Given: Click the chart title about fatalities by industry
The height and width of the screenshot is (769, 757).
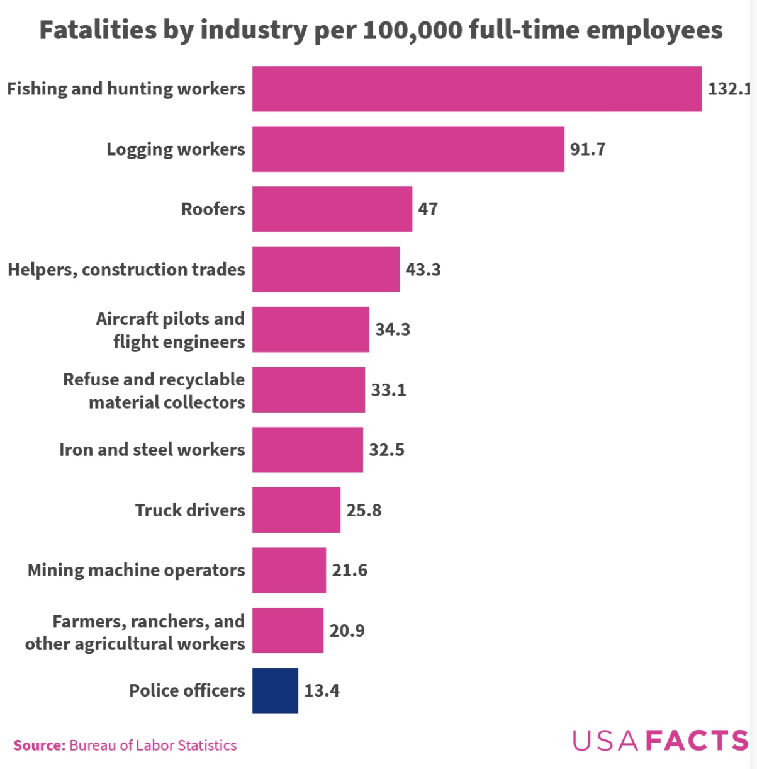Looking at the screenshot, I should pos(381,30).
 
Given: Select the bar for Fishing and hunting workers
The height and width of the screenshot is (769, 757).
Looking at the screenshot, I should pos(476,89).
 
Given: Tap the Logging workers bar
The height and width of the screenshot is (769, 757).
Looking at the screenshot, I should pos(408,149).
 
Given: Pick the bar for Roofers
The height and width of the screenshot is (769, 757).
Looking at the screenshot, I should pos(332,209).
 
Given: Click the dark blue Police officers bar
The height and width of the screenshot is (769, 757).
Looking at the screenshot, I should pos(275,690).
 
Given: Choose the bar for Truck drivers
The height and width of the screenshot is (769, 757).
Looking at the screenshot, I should pos(296,510).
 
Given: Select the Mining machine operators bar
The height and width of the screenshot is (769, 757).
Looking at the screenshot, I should pos(289,570).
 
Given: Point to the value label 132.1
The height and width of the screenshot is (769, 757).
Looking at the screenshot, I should pos(729,89).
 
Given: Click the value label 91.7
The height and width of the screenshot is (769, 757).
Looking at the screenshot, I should pos(588,149).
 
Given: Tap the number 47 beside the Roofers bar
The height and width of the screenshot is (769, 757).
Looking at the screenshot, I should pos(428,209).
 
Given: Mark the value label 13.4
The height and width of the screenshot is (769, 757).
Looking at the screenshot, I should pos(322,690).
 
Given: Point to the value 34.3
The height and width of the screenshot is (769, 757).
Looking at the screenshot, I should pos(393,329).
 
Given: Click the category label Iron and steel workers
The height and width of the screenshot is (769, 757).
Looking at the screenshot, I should pos(152,450).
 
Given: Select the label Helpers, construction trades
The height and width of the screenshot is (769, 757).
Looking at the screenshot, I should pos(126,270).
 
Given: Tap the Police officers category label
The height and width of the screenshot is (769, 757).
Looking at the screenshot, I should pos(187,690).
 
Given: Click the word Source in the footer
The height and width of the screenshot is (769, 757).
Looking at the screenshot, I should pos(39,746).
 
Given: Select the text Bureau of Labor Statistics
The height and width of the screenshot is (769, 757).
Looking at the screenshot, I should pos(153,746).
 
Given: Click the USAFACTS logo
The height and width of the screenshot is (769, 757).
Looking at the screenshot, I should pos(660,740).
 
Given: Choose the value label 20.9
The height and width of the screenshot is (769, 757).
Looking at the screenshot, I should pos(347,630).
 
